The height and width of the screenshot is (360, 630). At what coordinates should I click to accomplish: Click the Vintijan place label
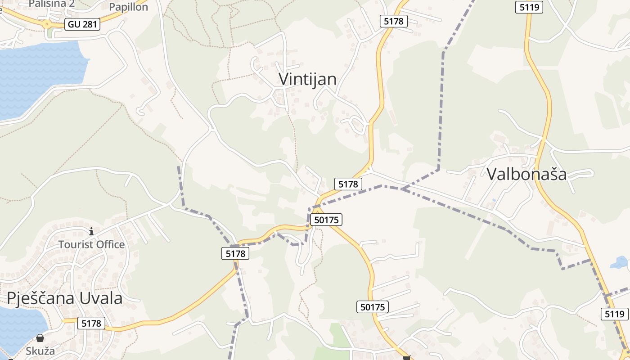(307, 79)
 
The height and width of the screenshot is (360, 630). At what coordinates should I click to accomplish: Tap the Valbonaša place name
(526, 174)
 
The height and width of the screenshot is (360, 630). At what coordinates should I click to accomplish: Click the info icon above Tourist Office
(91, 232)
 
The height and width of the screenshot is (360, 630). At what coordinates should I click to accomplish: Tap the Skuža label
(40, 351)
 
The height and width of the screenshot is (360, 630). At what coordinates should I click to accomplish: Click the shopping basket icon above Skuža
(40, 338)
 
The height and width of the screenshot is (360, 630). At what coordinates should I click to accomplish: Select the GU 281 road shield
(82, 24)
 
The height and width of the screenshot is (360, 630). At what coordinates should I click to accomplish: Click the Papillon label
(128, 7)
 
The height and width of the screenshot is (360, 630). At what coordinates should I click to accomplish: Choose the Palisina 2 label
(51, 4)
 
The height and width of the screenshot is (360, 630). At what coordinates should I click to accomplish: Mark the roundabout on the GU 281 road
(47, 25)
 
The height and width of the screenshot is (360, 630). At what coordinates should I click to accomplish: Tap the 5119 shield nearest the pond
(615, 314)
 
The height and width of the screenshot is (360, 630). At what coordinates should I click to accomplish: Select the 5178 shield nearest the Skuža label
(91, 323)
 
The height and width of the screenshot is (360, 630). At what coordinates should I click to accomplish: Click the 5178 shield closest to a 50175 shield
(348, 184)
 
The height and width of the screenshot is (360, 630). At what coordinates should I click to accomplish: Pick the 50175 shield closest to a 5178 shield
(326, 220)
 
